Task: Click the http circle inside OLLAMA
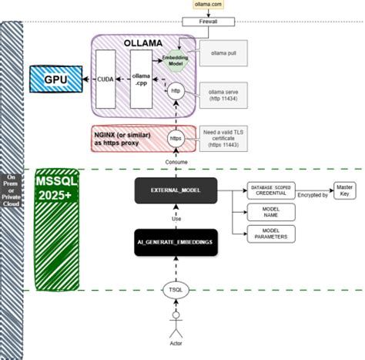[x=175, y=90]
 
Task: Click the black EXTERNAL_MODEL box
[x=175, y=189]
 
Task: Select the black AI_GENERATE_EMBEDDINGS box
[x=175, y=242]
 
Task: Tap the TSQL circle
[x=175, y=291]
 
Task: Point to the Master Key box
[x=344, y=189]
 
